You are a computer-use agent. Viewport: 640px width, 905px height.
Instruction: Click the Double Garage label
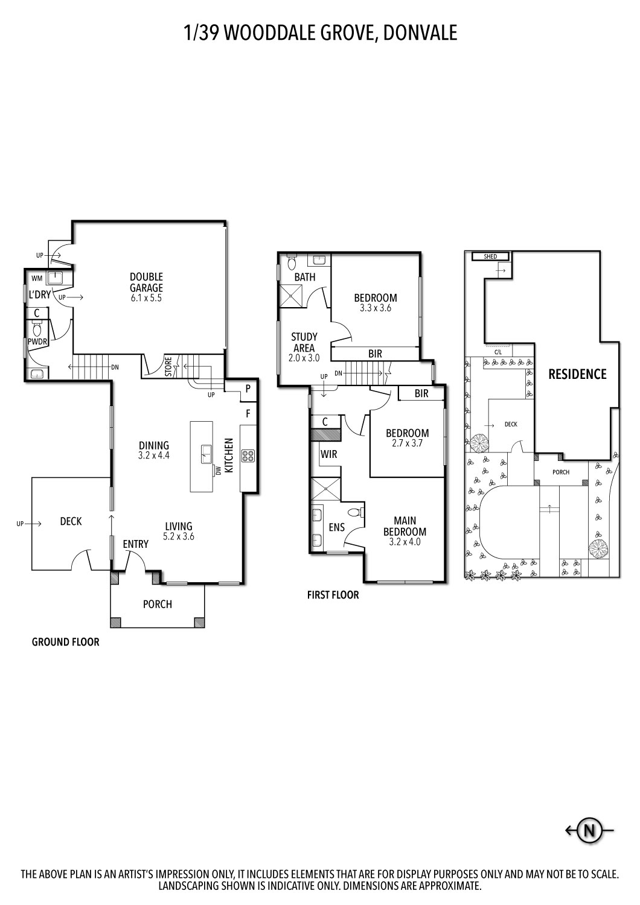coord(146,282)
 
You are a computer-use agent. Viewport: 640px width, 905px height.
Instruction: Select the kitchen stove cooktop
coord(248,456)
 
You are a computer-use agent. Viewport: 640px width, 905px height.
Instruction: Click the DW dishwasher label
coord(218,471)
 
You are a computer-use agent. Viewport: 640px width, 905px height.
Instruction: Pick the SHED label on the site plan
coord(490,256)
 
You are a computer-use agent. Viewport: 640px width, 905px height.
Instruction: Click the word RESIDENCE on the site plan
coord(577,374)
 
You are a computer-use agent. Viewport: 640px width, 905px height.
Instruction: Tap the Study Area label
coord(304,342)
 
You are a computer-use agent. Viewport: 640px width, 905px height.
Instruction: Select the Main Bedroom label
coord(405,526)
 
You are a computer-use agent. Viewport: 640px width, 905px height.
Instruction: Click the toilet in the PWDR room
coord(37,329)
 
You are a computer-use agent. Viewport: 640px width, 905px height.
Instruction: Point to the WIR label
coord(328,454)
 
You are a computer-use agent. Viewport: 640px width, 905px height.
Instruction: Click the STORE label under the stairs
coord(168,366)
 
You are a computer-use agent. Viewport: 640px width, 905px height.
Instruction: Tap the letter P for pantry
coord(248,389)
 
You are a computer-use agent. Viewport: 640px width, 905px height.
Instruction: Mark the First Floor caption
coord(333,595)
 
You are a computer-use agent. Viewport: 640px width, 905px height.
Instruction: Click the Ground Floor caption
coord(65,641)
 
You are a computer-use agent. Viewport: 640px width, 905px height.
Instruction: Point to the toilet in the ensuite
coord(356,513)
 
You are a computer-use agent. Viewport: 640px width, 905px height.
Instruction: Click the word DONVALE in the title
coord(420,33)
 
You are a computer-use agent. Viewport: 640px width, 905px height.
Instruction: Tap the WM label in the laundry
coord(37,278)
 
